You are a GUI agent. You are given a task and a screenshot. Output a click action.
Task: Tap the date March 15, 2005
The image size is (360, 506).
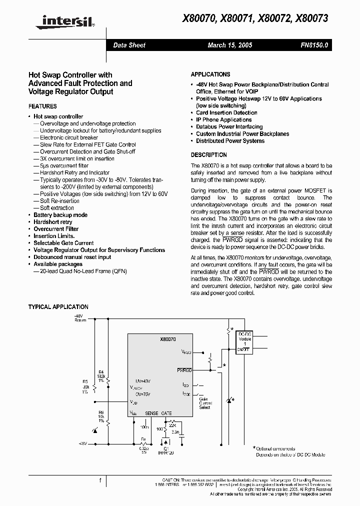pyautogui.click(x=229, y=45)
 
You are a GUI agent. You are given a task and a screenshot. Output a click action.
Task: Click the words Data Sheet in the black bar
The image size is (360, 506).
pyautogui.click(x=129, y=45)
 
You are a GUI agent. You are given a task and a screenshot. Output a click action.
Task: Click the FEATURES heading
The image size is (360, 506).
pyautogui.click(x=42, y=106)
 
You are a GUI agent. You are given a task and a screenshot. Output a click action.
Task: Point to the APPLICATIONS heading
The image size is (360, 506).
pyautogui.click(x=210, y=74)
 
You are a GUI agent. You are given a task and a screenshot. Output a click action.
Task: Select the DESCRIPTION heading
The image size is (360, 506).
pyautogui.click(x=209, y=155)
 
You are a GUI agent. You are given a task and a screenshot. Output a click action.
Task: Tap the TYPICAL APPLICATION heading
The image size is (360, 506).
pyautogui.click(x=58, y=307)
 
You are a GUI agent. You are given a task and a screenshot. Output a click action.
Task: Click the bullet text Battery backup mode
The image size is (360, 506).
pyautogui.click(x=60, y=215)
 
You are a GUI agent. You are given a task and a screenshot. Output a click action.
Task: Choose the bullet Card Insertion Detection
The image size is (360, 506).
pyautogui.click(x=226, y=113)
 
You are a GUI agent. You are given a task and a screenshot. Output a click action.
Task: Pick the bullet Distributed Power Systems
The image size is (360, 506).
pyautogui.click(x=230, y=141)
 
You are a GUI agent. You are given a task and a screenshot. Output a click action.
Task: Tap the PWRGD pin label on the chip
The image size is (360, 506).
pyautogui.click(x=184, y=370)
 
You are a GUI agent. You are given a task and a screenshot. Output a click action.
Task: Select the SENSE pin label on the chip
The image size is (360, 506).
pyautogui.click(x=151, y=413)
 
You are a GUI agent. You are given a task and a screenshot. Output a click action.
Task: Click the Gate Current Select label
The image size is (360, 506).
pyautogui.click(x=205, y=403)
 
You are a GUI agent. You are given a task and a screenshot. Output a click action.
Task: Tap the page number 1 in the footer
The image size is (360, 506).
pyautogui.click(x=100, y=480)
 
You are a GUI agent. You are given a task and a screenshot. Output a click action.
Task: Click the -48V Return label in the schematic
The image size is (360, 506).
pyautogui.click(x=80, y=318)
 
